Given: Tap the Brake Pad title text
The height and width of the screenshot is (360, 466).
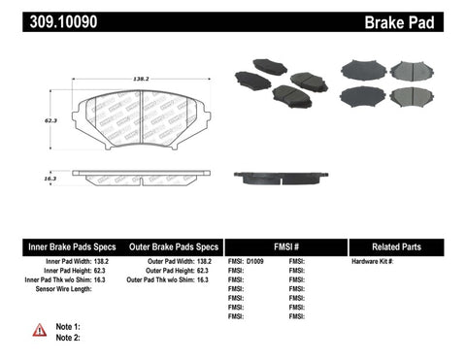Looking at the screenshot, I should [423, 22].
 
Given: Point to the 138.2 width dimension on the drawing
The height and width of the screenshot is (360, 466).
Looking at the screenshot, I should [141, 74].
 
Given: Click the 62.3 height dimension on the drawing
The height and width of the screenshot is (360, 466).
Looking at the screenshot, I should [65, 121].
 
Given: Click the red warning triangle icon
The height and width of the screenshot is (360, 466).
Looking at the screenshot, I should [39, 330].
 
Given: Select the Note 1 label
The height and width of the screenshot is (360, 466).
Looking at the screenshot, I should [69, 327].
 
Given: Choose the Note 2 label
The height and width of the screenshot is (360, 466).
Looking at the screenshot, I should [69, 338].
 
